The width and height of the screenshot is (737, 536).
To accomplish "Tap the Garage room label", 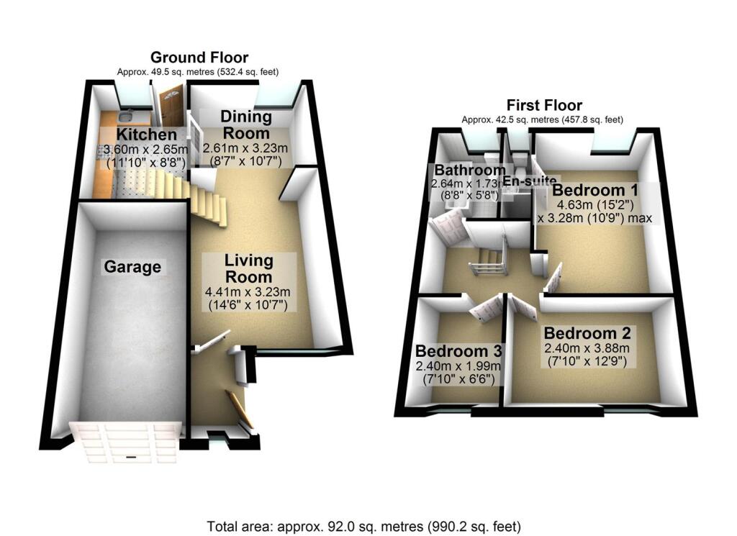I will [131, 267].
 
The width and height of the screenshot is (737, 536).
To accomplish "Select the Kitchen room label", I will [146, 135].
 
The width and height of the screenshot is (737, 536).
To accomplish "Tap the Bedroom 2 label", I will [587, 334].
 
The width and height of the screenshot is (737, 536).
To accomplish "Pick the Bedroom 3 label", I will [458, 351].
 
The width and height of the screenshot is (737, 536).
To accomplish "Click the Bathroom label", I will [468, 170].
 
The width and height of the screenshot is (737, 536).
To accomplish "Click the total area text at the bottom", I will [363, 525].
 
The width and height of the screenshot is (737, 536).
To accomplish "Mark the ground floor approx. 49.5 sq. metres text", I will [198, 72].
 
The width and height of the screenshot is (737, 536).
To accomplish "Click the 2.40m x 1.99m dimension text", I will [458, 365].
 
